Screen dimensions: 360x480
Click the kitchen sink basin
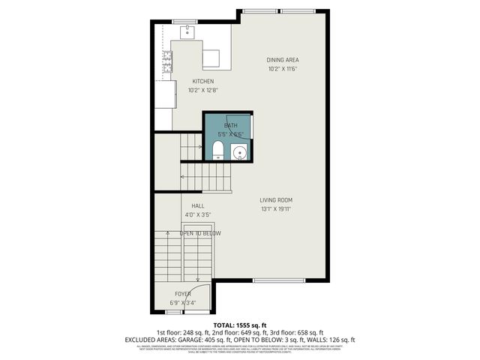pyautogui.click(x=185, y=32)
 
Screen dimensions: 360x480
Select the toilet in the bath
pyautogui.click(x=217, y=153)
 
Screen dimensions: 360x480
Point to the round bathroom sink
pyautogui.click(x=240, y=154)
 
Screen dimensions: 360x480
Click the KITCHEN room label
pyautogui.click(x=203, y=82)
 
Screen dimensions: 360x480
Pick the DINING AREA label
pyautogui.click(x=282, y=60)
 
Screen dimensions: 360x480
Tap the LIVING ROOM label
pyautogui.click(x=276, y=200)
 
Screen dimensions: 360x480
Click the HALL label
pyautogui.click(x=198, y=205)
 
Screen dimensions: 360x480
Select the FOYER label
pyautogui.click(x=184, y=294)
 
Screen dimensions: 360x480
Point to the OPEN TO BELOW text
pyautogui.click(x=199, y=233)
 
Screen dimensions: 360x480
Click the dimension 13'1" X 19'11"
pyautogui.click(x=276, y=209)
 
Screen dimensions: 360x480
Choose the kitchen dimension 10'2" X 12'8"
pyautogui.click(x=203, y=91)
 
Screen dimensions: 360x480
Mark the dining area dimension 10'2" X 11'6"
pyautogui.click(x=282, y=69)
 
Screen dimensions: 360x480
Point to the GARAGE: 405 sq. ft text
pyautogui.click(x=205, y=339)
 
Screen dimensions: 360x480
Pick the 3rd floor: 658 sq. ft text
pyautogui.click(x=300, y=332)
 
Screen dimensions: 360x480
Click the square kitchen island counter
pyautogui.click(x=211, y=58)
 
